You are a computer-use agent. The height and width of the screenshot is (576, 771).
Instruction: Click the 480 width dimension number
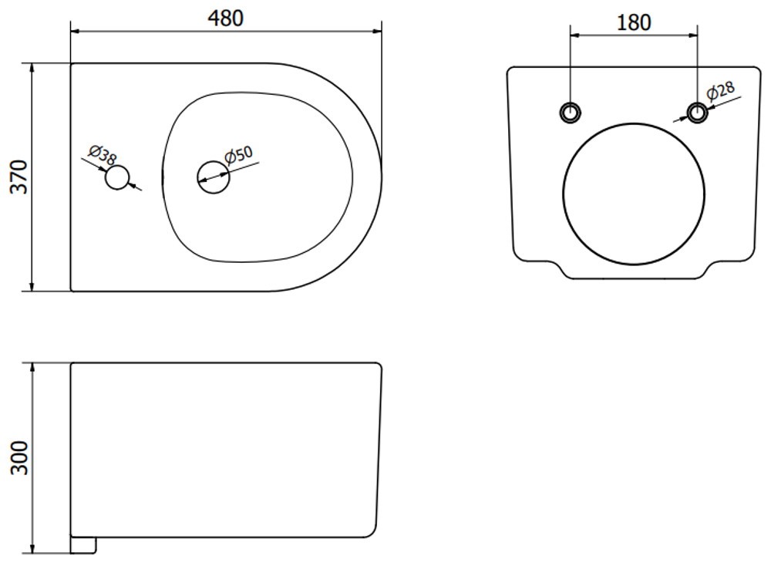click(x=226, y=19)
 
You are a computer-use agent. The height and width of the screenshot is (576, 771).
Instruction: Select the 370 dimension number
click(x=20, y=177)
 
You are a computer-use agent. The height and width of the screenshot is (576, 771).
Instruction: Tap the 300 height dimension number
click(x=20, y=458)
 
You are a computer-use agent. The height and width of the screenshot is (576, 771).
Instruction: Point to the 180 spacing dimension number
click(x=634, y=22)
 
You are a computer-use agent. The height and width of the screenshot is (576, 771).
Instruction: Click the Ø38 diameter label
click(x=103, y=155)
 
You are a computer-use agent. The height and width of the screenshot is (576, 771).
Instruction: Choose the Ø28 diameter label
click(x=721, y=91)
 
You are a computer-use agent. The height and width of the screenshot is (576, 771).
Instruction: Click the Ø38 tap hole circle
click(x=117, y=177)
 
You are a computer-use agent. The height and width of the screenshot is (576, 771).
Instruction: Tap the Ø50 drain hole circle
click(x=214, y=177)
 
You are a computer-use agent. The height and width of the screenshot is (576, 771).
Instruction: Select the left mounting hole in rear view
click(x=571, y=113)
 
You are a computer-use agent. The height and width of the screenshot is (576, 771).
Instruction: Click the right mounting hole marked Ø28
click(x=697, y=113)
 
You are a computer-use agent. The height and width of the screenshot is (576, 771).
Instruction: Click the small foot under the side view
click(x=83, y=545)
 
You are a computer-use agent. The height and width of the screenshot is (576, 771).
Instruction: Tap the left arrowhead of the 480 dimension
click(x=76, y=32)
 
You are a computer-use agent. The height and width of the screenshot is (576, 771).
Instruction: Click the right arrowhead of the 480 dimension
click(x=377, y=32)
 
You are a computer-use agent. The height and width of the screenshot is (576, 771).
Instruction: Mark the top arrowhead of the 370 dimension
click(x=32, y=68)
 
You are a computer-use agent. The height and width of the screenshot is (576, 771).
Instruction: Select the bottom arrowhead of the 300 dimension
click(x=32, y=548)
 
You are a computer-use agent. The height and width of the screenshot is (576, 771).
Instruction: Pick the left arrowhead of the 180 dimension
click(x=575, y=35)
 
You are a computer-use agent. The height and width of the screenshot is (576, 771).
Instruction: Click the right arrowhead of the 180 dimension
click(x=692, y=35)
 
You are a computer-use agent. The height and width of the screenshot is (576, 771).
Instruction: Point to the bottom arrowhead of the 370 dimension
click(x=32, y=286)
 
